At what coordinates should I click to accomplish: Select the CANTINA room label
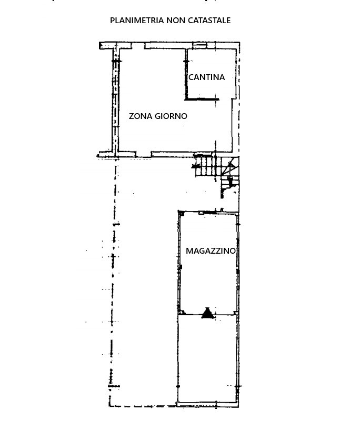[x=206, y=77]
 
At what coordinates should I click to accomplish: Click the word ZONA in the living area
[x=141, y=116]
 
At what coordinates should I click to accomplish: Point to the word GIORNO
[x=171, y=116]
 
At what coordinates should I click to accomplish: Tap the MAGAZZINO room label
[x=211, y=251]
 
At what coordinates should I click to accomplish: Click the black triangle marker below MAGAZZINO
[x=207, y=313]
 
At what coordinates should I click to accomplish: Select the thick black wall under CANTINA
[x=202, y=99]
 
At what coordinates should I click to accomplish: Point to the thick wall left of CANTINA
[x=186, y=74]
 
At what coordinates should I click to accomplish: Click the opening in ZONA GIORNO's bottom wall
[x=144, y=154]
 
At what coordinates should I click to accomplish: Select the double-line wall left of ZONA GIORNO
[x=116, y=100]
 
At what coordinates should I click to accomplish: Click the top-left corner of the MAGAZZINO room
[x=179, y=212]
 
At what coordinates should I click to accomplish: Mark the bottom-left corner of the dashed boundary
[x=109, y=406]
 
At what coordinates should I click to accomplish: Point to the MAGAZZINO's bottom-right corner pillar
[x=235, y=313]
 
